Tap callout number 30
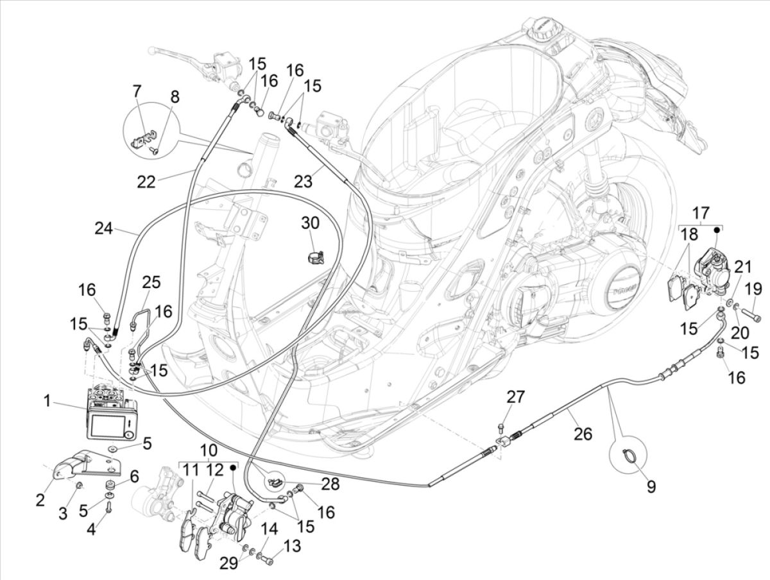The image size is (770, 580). click(310, 223)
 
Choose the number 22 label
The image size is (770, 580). click(146, 182)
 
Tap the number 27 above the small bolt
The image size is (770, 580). click(515, 397)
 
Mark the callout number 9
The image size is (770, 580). click(651, 488)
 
